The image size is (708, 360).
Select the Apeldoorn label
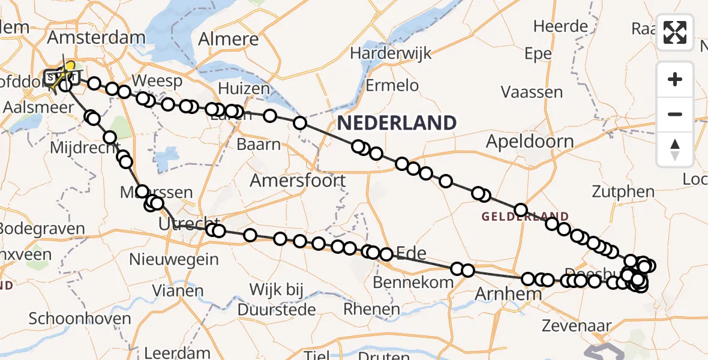click(x=530, y=142)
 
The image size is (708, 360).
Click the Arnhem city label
click(x=508, y=295)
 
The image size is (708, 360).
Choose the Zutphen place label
click(x=622, y=192)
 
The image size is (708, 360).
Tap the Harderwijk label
click(x=391, y=53)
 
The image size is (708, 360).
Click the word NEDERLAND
click(x=397, y=123)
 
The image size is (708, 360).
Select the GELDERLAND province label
click(x=525, y=217)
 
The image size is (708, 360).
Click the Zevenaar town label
click(x=576, y=326)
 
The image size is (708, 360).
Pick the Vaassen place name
click(x=532, y=92)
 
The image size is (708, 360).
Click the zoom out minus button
click(x=675, y=114)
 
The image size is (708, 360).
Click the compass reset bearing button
click(x=675, y=149)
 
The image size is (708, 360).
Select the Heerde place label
click(x=560, y=26)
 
